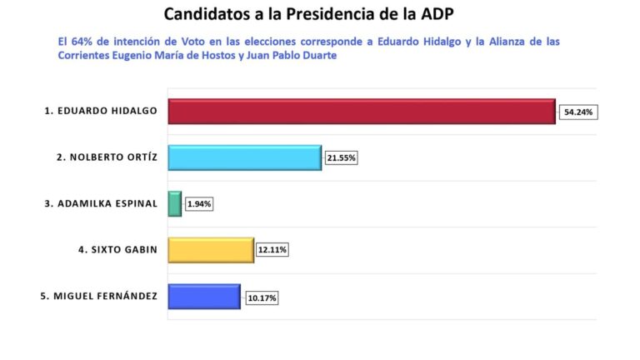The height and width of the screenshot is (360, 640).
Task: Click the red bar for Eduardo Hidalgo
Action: (x=361, y=112)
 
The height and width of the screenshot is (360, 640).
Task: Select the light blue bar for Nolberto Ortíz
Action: (x=244, y=157)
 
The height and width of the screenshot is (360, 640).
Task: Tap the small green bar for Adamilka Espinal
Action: (x=174, y=204)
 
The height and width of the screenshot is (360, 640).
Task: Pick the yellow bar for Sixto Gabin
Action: (x=210, y=250)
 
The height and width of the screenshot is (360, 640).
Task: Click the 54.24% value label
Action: (x=579, y=112)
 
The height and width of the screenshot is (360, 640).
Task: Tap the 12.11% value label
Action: (x=272, y=250)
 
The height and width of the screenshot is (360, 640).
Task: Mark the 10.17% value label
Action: (x=261, y=297)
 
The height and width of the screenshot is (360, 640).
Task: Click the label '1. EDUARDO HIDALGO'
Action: (x=101, y=111)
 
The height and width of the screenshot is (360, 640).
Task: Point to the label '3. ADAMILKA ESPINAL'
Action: (x=102, y=204)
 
